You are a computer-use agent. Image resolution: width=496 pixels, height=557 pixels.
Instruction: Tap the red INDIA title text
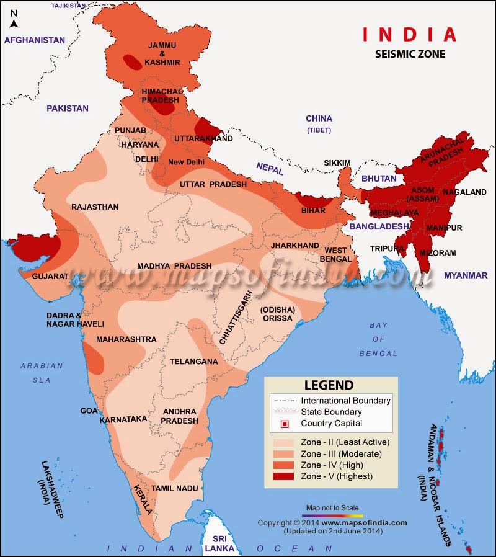(x=409, y=34)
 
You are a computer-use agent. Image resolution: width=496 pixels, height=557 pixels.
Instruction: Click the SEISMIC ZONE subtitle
(x=410, y=54)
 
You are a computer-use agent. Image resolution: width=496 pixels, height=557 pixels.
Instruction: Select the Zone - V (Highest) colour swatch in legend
(x=285, y=476)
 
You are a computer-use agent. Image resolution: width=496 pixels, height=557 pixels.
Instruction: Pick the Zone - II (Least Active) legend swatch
(x=285, y=442)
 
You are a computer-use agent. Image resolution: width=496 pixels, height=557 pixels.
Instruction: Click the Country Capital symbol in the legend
(x=285, y=424)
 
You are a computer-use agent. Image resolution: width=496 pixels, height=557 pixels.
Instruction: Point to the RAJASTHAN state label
(x=95, y=207)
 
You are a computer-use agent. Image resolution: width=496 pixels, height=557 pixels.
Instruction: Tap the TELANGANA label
(x=194, y=362)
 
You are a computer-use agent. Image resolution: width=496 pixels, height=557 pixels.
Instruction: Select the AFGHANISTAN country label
(x=35, y=40)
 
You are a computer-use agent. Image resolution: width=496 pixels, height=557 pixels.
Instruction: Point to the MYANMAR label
(x=466, y=275)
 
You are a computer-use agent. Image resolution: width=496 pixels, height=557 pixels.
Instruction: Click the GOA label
(x=89, y=411)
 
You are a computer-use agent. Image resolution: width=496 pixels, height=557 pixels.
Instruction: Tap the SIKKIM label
(x=337, y=163)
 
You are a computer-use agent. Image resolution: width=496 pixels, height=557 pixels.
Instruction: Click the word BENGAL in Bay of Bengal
(x=379, y=354)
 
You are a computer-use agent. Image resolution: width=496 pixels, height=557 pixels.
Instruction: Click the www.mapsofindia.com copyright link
(x=370, y=523)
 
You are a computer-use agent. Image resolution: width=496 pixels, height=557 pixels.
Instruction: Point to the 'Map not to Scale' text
(x=332, y=507)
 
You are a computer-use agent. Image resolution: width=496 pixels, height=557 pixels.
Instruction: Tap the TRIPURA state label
(x=383, y=248)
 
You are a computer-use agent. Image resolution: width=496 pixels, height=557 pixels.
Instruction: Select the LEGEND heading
(x=329, y=385)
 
